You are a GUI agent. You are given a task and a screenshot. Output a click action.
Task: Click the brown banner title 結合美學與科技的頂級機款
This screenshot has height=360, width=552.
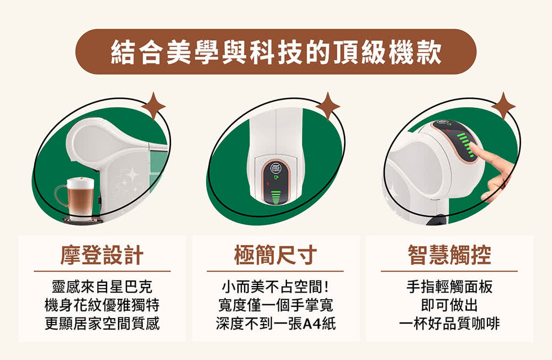click(275, 52)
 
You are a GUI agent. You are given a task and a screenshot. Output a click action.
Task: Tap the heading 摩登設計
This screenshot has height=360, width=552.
click(102, 255)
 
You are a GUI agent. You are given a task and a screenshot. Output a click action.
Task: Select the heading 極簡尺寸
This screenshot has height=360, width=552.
click(275, 255)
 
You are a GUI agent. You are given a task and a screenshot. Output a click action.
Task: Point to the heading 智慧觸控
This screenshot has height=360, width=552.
click(449, 255)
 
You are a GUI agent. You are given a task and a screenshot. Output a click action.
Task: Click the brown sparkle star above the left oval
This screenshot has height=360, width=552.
click(153, 106)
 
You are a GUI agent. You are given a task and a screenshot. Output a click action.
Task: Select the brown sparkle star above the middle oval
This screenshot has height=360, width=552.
click(328, 106)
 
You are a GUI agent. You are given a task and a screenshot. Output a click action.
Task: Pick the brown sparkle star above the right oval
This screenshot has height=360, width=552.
click(503, 106)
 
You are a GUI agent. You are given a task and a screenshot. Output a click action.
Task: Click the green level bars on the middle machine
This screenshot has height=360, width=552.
click(275, 197)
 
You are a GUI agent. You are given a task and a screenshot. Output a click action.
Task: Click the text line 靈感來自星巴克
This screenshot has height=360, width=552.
click(102, 287)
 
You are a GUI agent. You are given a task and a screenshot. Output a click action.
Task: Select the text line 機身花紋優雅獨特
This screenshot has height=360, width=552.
click(102, 305)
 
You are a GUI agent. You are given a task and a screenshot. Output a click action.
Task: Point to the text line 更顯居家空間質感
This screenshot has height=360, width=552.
click(102, 324)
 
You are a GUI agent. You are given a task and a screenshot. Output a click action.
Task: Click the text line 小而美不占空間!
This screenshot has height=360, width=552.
click(275, 287)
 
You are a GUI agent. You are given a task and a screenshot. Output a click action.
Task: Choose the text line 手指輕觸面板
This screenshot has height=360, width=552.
click(449, 287)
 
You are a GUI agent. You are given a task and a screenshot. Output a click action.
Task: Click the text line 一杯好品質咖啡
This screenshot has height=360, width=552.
click(449, 324)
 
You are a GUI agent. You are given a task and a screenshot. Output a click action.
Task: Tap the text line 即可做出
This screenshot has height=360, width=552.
click(449, 305)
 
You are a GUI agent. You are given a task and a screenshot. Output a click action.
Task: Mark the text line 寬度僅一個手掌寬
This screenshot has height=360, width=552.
click(275, 305)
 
